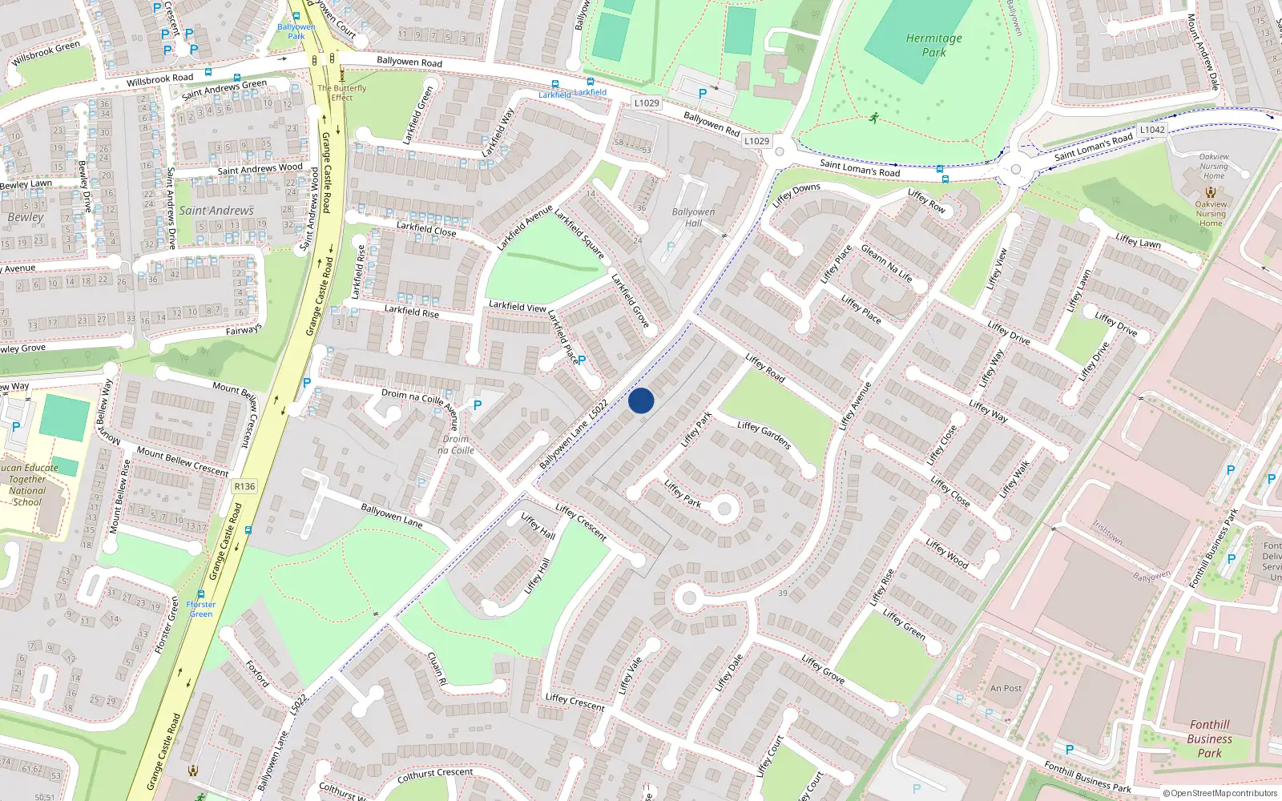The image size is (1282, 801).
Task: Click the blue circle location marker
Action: (x=641, y=400)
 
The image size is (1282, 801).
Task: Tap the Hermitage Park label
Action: (x=933, y=45)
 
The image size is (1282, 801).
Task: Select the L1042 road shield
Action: (x=1152, y=130)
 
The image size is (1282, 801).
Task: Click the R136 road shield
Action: (x=244, y=486)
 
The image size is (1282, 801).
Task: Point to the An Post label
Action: (x=1006, y=688)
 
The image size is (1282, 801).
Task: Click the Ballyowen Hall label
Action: (x=693, y=218)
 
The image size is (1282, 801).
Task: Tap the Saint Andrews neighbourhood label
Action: (x=216, y=211)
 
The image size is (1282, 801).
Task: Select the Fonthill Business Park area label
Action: (x=1209, y=739)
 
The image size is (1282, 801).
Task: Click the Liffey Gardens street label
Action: (x=764, y=435)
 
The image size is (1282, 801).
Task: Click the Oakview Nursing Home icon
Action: (x=1211, y=192)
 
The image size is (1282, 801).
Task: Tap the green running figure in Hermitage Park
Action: (x=873, y=119)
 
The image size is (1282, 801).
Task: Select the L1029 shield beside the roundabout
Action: (x=756, y=141)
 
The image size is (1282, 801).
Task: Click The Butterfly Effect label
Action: (x=342, y=93)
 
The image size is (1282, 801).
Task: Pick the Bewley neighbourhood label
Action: (x=26, y=217)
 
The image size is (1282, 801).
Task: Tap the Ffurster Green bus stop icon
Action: (x=200, y=595)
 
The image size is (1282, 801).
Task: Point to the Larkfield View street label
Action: (x=517, y=306)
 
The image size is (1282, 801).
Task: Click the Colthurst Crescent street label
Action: (x=435, y=775)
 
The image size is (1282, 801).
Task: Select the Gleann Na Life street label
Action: (x=886, y=264)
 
